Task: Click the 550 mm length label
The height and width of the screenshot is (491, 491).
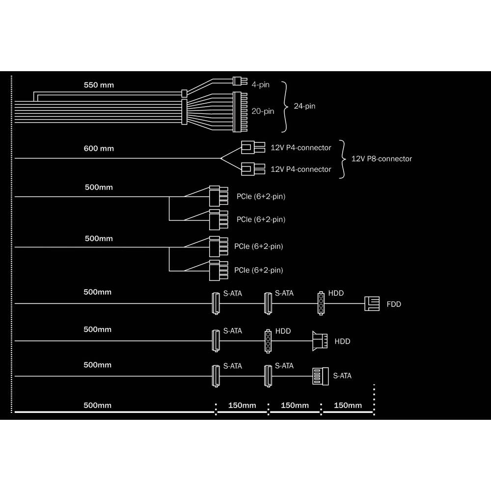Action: pos(99,85)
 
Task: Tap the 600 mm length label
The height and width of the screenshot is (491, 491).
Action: pos(99,148)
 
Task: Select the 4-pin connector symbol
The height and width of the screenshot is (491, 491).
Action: pos(240,81)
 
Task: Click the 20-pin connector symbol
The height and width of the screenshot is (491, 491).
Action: pos(240,112)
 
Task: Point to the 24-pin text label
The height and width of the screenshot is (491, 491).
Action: pos(304,106)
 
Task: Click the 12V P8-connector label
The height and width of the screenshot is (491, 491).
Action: pos(382,159)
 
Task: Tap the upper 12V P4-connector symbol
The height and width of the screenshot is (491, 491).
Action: pos(253,147)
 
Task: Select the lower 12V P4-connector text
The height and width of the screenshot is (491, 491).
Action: pos(300,169)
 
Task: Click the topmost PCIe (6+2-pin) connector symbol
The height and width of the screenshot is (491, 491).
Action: pos(218,196)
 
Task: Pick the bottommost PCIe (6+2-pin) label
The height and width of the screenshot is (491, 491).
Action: pos(259,270)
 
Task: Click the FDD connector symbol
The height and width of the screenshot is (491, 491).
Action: pos(372,304)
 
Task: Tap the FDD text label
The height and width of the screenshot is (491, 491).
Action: pos(394,304)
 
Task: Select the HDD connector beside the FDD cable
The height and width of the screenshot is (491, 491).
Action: pos(321,303)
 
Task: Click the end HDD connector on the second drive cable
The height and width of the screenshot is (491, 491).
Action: pos(320,341)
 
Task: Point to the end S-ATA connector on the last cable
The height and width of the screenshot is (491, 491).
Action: pos(320,376)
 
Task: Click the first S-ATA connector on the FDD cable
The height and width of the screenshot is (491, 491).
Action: pos(216,303)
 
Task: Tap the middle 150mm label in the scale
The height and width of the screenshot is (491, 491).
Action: pos(295,405)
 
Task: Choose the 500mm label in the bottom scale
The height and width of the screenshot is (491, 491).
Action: pos(97,405)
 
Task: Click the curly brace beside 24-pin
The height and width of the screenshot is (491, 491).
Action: pos(284,107)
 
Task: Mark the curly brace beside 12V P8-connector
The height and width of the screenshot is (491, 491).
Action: pos(343,159)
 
